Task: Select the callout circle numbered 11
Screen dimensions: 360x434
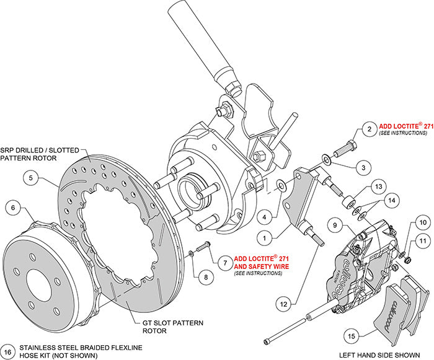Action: (421, 240)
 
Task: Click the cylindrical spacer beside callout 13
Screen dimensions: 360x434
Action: (349, 202)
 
